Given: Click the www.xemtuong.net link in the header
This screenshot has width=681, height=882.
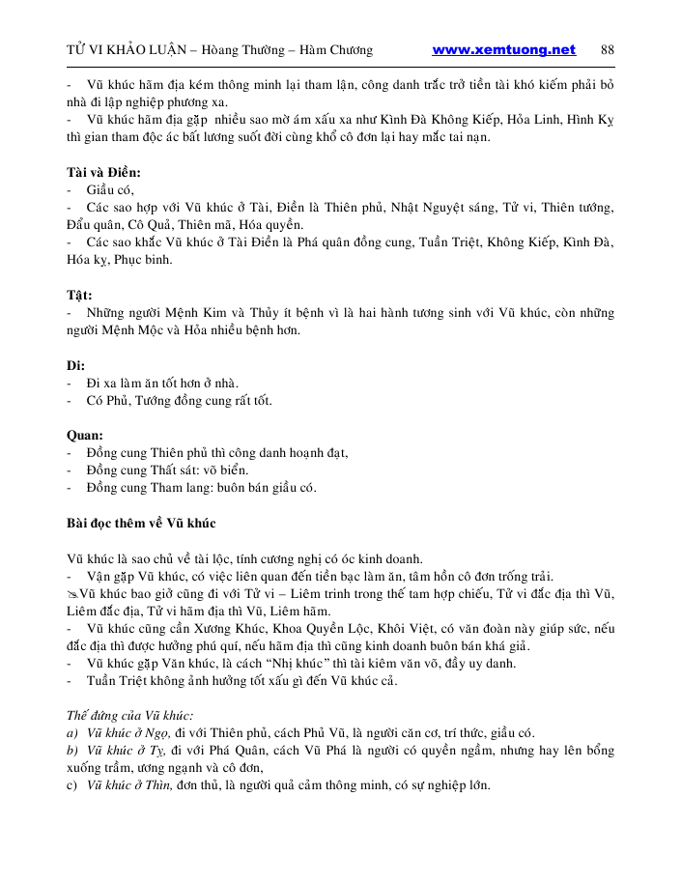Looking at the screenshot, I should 503,50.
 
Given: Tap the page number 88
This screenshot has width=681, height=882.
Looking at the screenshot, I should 608,50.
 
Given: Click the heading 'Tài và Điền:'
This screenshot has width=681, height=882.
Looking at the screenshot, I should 103,172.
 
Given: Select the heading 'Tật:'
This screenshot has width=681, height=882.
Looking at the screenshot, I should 79,296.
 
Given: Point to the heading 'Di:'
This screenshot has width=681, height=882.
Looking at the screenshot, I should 76,366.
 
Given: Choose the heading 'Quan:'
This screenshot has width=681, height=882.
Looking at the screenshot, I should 85,436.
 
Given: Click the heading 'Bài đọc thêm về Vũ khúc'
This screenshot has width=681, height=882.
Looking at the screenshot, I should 141,524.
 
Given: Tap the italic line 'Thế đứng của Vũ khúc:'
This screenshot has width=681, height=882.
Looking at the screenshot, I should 129,716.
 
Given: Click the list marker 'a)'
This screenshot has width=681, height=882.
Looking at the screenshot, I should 72,733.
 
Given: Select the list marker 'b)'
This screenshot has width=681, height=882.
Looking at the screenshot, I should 72,751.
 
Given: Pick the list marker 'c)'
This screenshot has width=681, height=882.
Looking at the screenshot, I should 72,785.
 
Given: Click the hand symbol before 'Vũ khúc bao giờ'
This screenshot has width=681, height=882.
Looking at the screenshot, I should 72,593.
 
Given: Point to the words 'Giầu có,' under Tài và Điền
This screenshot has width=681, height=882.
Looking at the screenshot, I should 110,190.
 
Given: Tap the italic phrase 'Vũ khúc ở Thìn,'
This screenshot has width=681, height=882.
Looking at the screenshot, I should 128,785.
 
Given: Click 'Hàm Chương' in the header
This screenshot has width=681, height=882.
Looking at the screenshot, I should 338,50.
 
